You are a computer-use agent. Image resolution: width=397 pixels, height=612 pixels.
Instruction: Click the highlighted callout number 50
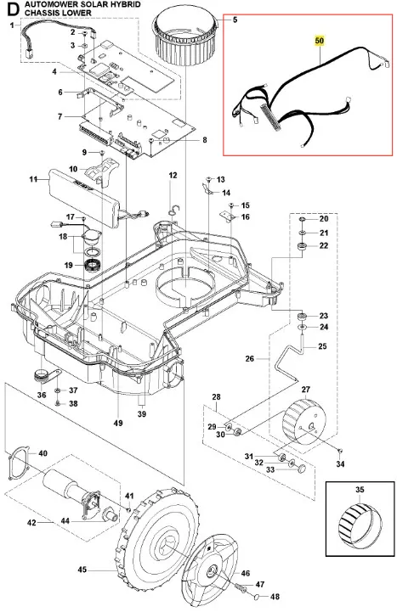click(x=320, y=41)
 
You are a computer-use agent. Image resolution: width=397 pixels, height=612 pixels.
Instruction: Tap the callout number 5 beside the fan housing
click(x=235, y=20)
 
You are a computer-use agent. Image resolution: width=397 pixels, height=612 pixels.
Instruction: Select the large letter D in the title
click(x=13, y=9)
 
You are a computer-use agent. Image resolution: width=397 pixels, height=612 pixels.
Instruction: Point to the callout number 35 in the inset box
click(x=360, y=489)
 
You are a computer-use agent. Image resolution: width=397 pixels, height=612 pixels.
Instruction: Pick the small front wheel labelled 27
click(x=304, y=421)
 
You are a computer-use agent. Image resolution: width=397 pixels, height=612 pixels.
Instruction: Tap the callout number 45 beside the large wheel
click(x=82, y=570)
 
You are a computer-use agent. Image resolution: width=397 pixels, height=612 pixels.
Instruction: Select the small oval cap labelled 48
click(x=258, y=597)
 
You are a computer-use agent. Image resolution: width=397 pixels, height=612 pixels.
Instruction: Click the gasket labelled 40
click(x=19, y=463)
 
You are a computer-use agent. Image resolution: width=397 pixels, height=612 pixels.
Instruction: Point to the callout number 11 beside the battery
click(x=34, y=180)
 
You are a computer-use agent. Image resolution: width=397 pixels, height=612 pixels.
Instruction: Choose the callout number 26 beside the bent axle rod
click(x=250, y=358)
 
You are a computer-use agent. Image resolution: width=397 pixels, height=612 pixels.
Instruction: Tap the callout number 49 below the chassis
click(x=118, y=423)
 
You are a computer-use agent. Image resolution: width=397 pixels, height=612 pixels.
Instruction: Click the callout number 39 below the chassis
click(x=142, y=413)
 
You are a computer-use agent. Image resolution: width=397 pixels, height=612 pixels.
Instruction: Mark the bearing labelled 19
click(x=94, y=266)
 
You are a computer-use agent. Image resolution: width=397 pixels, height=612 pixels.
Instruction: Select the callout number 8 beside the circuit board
click(x=205, y=140)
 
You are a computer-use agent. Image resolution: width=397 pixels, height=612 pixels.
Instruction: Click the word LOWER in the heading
click(x=79, y=13)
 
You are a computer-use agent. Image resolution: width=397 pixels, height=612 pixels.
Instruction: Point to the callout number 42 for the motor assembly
click(x=31, y=522)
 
